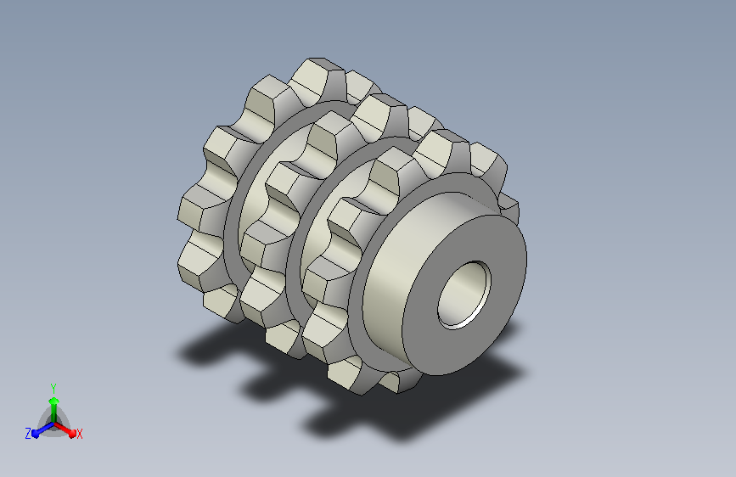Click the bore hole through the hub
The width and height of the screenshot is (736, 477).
tap(464, 295)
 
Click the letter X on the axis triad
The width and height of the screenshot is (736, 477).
tap(79, 434)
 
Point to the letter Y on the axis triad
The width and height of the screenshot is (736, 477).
tap(53, 388)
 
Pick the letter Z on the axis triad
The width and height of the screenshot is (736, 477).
tap(28, 434)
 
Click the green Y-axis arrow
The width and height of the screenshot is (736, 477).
tap(54, 411)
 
